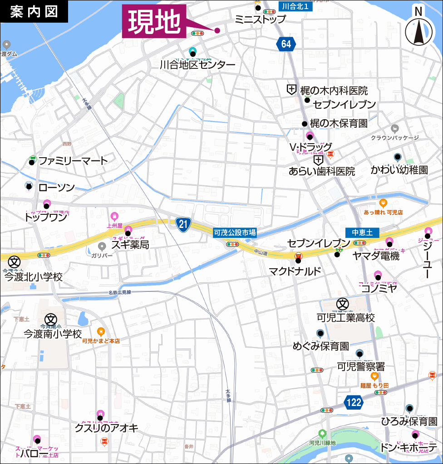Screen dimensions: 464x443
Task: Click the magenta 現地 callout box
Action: click(x=154, y=21)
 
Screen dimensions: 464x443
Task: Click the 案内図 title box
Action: click(x=34, y=11)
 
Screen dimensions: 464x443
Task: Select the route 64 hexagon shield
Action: click(x=286, y=44)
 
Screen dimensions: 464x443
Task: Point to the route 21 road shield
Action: click(x=183, y=223)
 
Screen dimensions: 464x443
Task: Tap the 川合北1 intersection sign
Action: click(x=295, y=6)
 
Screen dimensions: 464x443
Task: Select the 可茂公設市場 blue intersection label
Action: click(x=235, y=232)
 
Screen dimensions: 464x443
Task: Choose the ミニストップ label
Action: click(x=261, y=19)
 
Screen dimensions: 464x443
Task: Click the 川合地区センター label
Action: click(x=197, y=65)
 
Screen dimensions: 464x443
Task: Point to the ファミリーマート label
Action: click(x=73, y=160)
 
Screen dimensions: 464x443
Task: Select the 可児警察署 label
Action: click(x=361, y=366)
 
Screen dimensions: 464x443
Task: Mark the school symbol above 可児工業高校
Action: click(x=342, y=304)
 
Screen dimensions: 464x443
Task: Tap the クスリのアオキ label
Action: click(x=106, y=428)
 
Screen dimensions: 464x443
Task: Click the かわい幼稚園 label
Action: click(x=399, y=170)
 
